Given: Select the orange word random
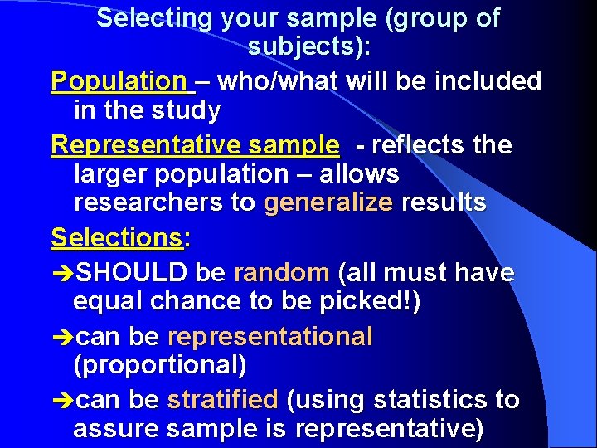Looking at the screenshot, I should pyautogui.click(x=282, y=272).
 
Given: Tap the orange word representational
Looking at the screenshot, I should pyautogui.click(x=270, y=336).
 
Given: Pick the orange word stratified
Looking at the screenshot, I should pyautogui.click(x=222, y=400).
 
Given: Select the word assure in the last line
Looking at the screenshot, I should pyautogui.click(x=114, y=430).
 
